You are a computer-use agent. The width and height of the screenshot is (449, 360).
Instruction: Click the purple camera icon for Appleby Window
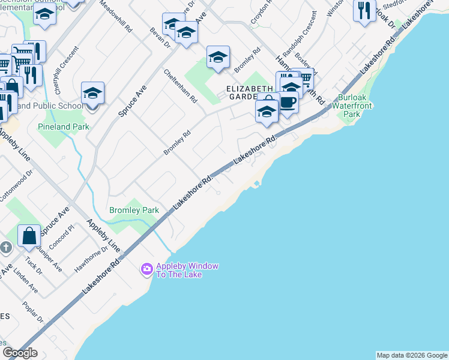[146, 270]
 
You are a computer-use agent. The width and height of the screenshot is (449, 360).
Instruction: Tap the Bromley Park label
[134, 210]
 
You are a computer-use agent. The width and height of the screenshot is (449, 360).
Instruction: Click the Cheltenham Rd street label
[181, 86]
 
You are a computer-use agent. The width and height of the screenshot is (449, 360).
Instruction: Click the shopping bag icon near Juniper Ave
[29, 236]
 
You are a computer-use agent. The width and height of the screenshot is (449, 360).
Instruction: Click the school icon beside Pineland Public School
[92, 94]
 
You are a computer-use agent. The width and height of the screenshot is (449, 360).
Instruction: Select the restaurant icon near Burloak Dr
[364, 10]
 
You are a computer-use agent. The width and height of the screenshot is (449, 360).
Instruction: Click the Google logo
[19, 353]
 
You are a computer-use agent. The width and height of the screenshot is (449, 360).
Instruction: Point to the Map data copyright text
[412, 355]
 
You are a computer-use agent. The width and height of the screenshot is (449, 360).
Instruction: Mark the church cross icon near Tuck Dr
[5, 247]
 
